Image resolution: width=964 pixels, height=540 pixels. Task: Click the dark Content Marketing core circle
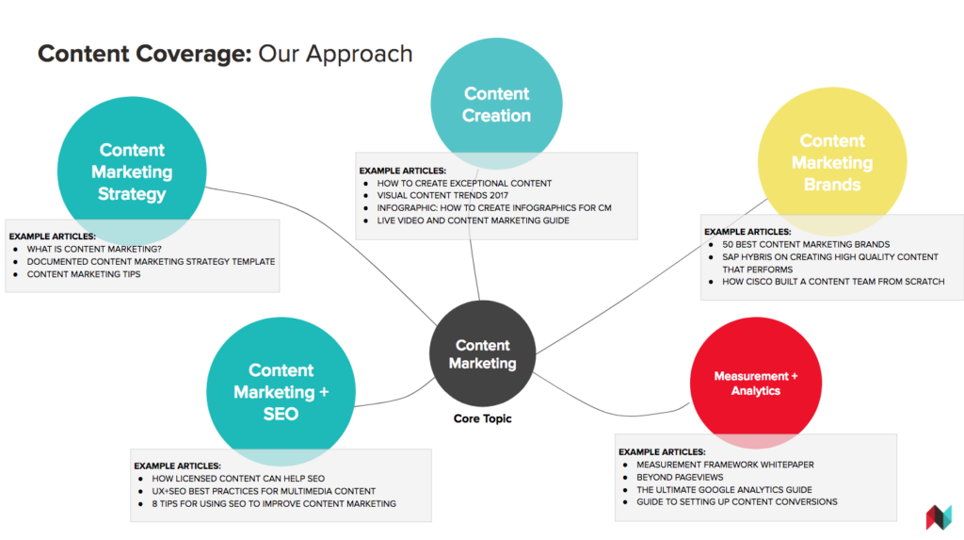482,354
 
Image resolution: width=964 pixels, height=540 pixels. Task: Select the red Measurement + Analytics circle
755,383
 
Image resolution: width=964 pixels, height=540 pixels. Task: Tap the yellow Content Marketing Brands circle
831,162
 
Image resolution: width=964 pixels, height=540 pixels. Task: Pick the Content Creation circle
496,105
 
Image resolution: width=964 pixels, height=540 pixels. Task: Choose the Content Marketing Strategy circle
131,172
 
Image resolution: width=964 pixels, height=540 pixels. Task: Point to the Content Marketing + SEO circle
281,391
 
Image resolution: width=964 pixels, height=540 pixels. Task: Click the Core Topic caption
481,418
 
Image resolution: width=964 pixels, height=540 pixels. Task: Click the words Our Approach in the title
335,54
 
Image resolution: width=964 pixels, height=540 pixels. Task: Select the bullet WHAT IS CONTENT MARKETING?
94,249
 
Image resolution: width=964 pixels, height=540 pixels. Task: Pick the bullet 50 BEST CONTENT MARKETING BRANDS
806,245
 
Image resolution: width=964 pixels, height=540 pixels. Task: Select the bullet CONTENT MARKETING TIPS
84,274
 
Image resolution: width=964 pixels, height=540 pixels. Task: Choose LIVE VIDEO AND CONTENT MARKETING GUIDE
473,221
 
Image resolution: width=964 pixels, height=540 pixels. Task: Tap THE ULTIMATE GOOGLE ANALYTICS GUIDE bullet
724,490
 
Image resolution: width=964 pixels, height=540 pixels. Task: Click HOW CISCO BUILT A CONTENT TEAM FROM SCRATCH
833,281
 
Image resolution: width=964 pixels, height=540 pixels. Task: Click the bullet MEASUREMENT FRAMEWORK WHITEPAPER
725,465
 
